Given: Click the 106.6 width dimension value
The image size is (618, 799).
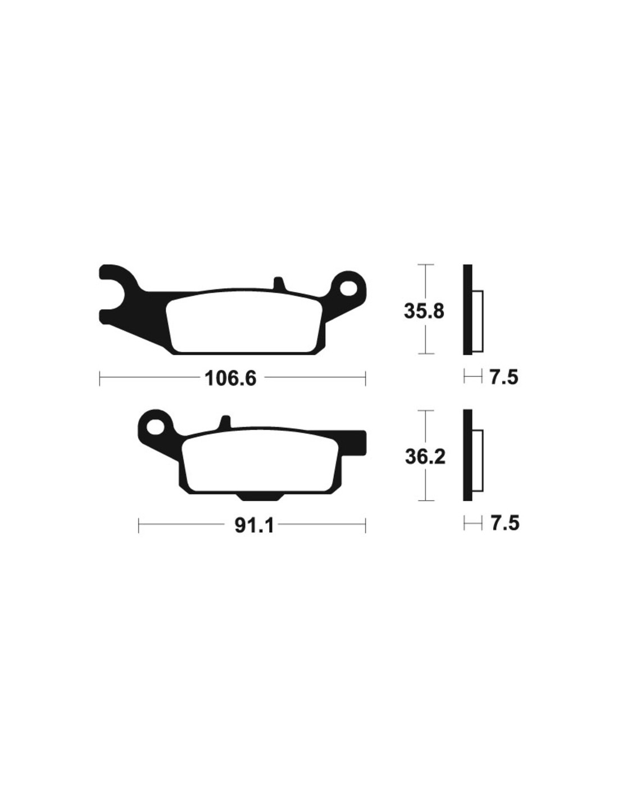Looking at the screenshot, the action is click(x=230, y=378).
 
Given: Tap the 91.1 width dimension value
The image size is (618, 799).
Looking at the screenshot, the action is click(x=255, y=525).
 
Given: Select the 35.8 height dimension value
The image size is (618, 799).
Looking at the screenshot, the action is click(x=424, y=311).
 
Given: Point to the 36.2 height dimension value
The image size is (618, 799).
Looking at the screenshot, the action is click(x=425, y=457).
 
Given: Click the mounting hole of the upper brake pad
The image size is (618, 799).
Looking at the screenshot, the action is click(x=348, y=289).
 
